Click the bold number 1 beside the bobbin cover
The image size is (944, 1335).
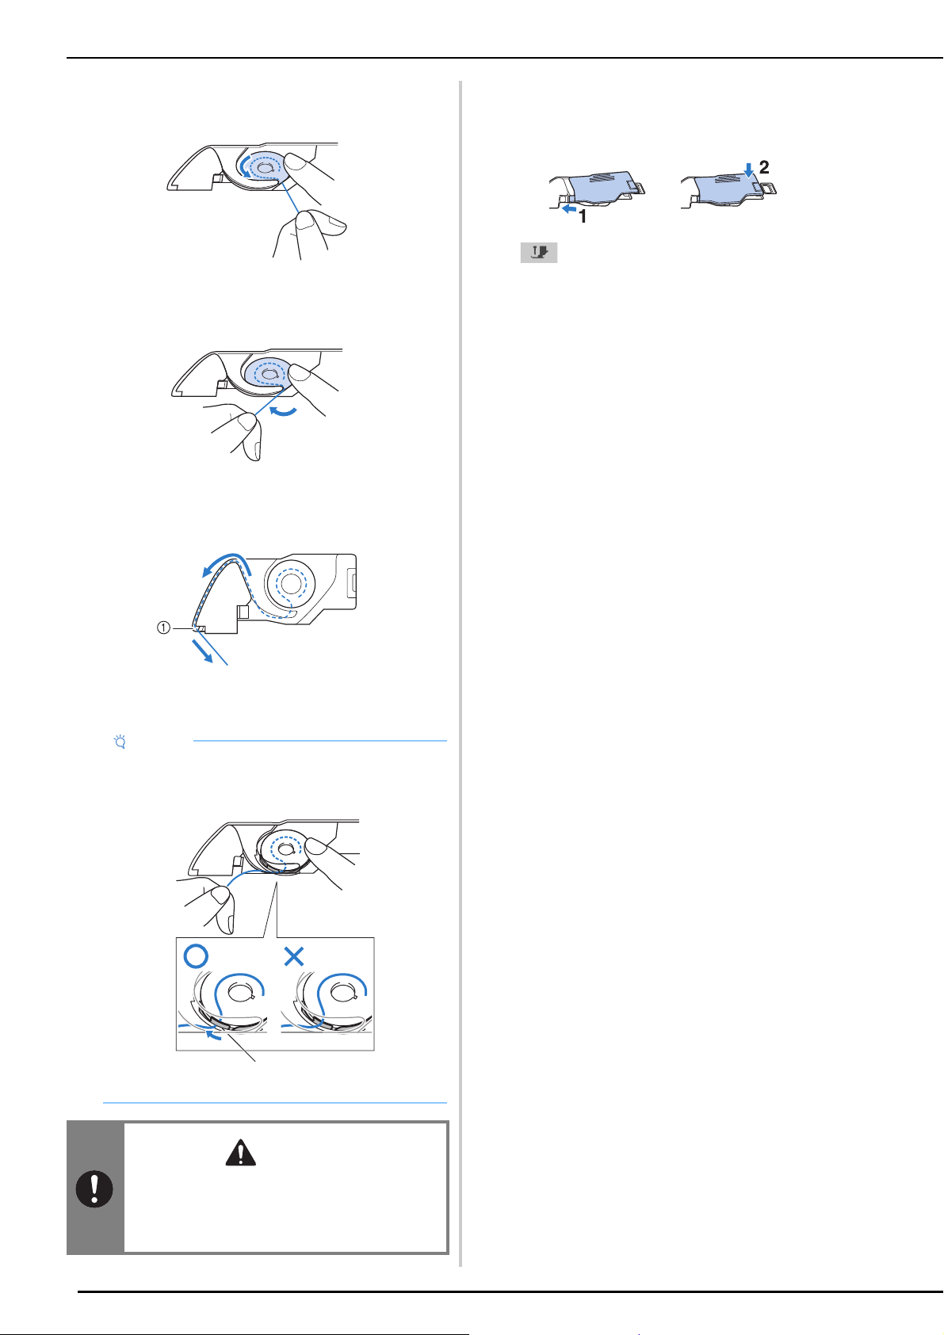(583, 217)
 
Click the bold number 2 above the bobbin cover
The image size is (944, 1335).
(763, 167)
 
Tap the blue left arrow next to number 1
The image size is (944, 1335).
(570, 209)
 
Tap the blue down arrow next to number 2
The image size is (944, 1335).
(749, 170)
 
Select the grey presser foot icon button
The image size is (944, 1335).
(538, 253)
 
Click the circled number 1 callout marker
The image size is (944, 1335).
(163, 627)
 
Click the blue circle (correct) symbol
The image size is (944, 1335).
(196, 956)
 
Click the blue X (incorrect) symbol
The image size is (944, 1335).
(294, 956)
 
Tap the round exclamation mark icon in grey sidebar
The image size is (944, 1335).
(94, 1189)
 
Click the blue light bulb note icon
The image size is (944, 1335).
(120, 742)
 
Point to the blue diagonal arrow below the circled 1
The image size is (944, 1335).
(202, 650)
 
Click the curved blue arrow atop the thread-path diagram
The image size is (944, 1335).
(224, 563)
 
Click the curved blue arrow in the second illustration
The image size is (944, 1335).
(283, 410)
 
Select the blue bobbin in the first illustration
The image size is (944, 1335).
(264, 168)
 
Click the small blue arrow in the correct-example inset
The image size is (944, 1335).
(213, 1036)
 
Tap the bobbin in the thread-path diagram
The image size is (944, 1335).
(290, 583)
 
